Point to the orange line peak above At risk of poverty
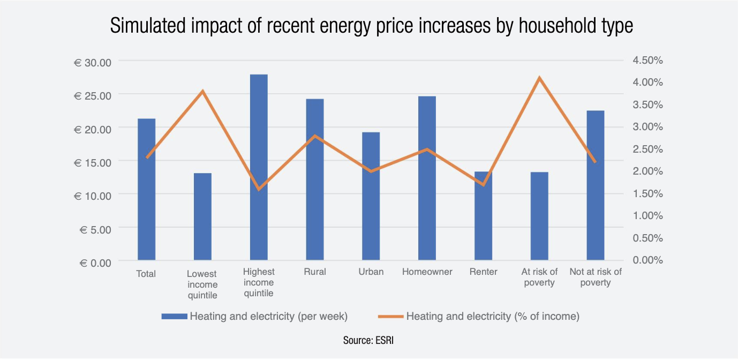[x=539, y=78]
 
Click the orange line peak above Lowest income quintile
[x=202, y=91]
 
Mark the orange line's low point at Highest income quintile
[x=259, y=189]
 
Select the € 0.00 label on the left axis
[x=94, y=262]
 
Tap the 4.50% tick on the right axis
[x=647, y=60]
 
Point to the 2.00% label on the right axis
[x=647, y=171]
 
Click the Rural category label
[x=315, y=272]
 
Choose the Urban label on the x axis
[x=371, y=272]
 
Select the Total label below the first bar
[x=146, y=274]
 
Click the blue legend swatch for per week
[x=174, y=317]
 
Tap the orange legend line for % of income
[x=390, y=317]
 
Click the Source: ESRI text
[x=368, y=340]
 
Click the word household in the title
[x=515, y=26]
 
